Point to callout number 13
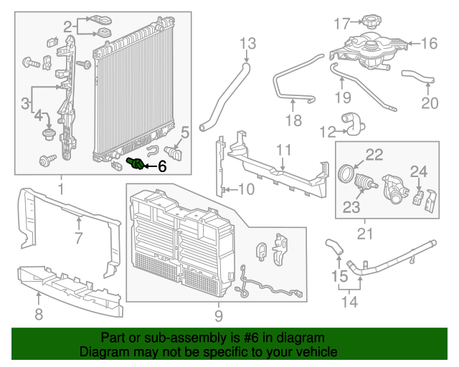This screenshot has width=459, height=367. coord(247,44)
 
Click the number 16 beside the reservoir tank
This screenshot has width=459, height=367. coord(428,44)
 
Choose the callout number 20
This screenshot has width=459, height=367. coord(428,103)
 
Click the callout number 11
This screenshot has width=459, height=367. coord(283,150)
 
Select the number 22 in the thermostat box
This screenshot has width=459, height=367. coord(374,153)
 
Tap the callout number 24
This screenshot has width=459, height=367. coord(418,171)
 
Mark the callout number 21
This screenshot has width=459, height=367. coord(365,234)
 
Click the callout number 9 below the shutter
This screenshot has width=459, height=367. coord(218,316)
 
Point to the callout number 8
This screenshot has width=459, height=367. coord(38,313)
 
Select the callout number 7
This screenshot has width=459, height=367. coord(78,238)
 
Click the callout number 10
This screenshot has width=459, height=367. coord(245,190)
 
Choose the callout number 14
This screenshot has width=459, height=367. coord(349,302)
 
